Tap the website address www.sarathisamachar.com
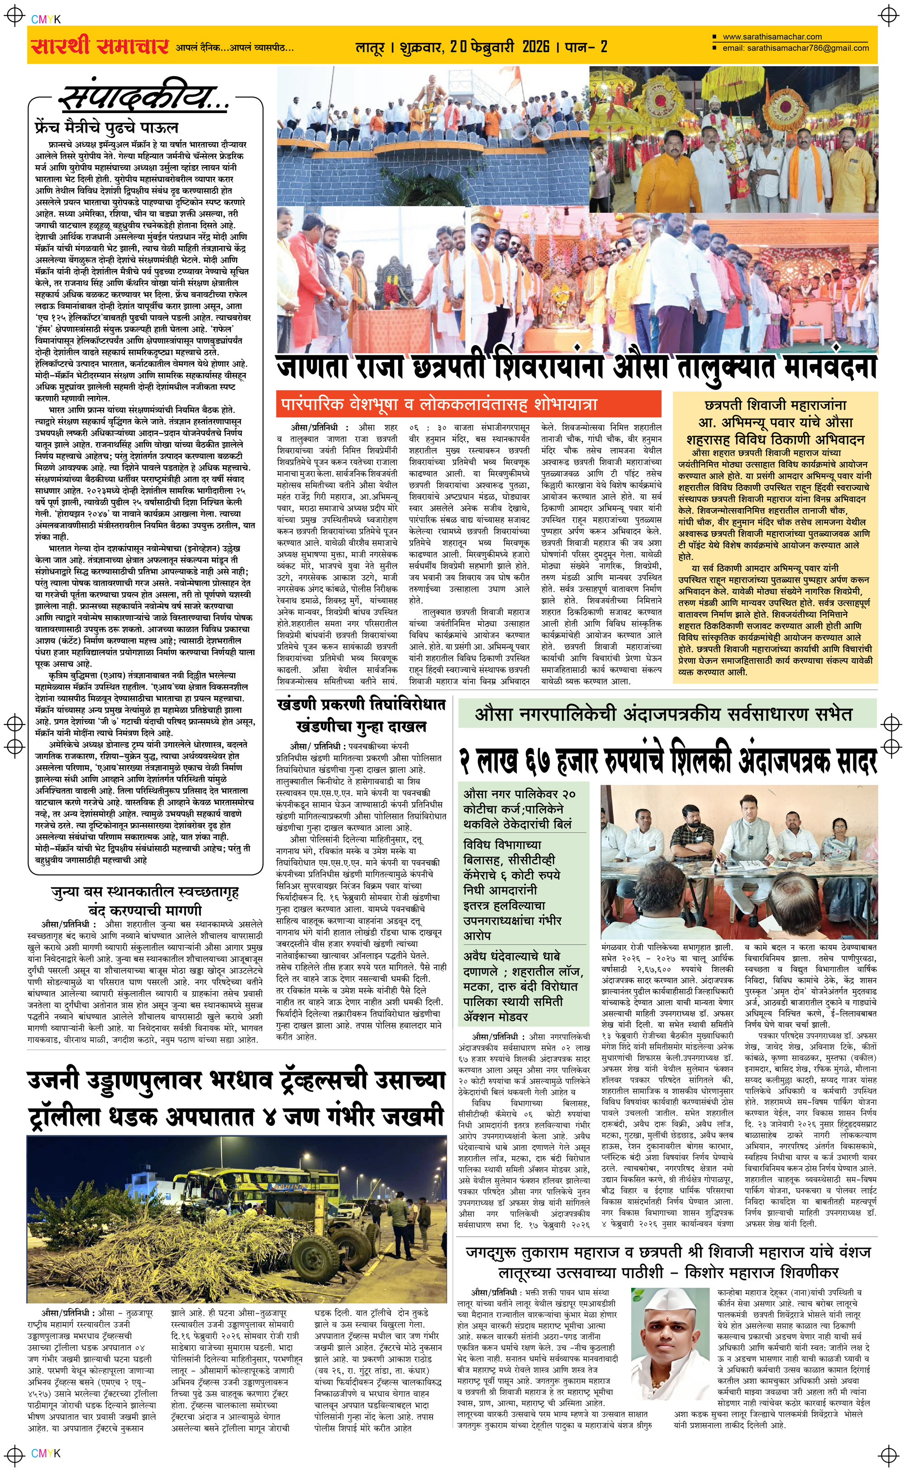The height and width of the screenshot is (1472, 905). click(772, 37)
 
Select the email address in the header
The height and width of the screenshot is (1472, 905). click(796, 48)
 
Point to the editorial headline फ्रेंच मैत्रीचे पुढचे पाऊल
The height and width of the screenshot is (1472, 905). click(106, 128)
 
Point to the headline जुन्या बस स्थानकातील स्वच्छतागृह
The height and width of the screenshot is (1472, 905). click(145, 893)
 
